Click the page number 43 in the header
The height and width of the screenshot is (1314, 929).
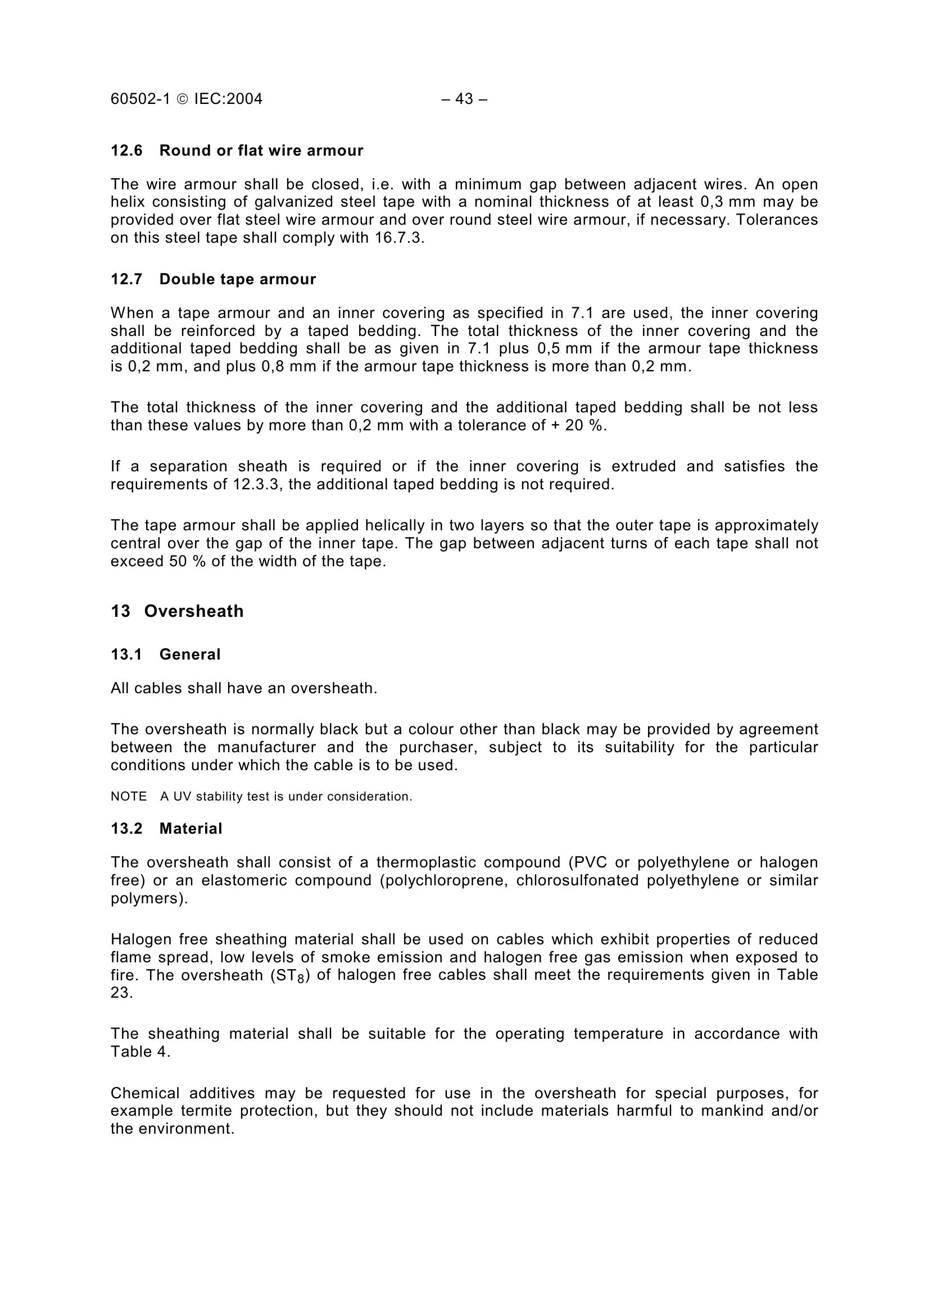tap(464, 99)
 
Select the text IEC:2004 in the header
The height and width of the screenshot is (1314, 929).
tap(228, 99)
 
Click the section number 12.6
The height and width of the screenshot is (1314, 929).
tap(126, 151)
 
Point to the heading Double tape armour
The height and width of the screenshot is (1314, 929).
tap(238, 279)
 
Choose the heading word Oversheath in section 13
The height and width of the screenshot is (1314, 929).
tap(193, 611)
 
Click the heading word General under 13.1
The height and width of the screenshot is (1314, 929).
tap(189, 654)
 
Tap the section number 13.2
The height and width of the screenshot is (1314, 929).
tap(126, 829)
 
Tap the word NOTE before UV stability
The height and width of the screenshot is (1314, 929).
tap(129, 797)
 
